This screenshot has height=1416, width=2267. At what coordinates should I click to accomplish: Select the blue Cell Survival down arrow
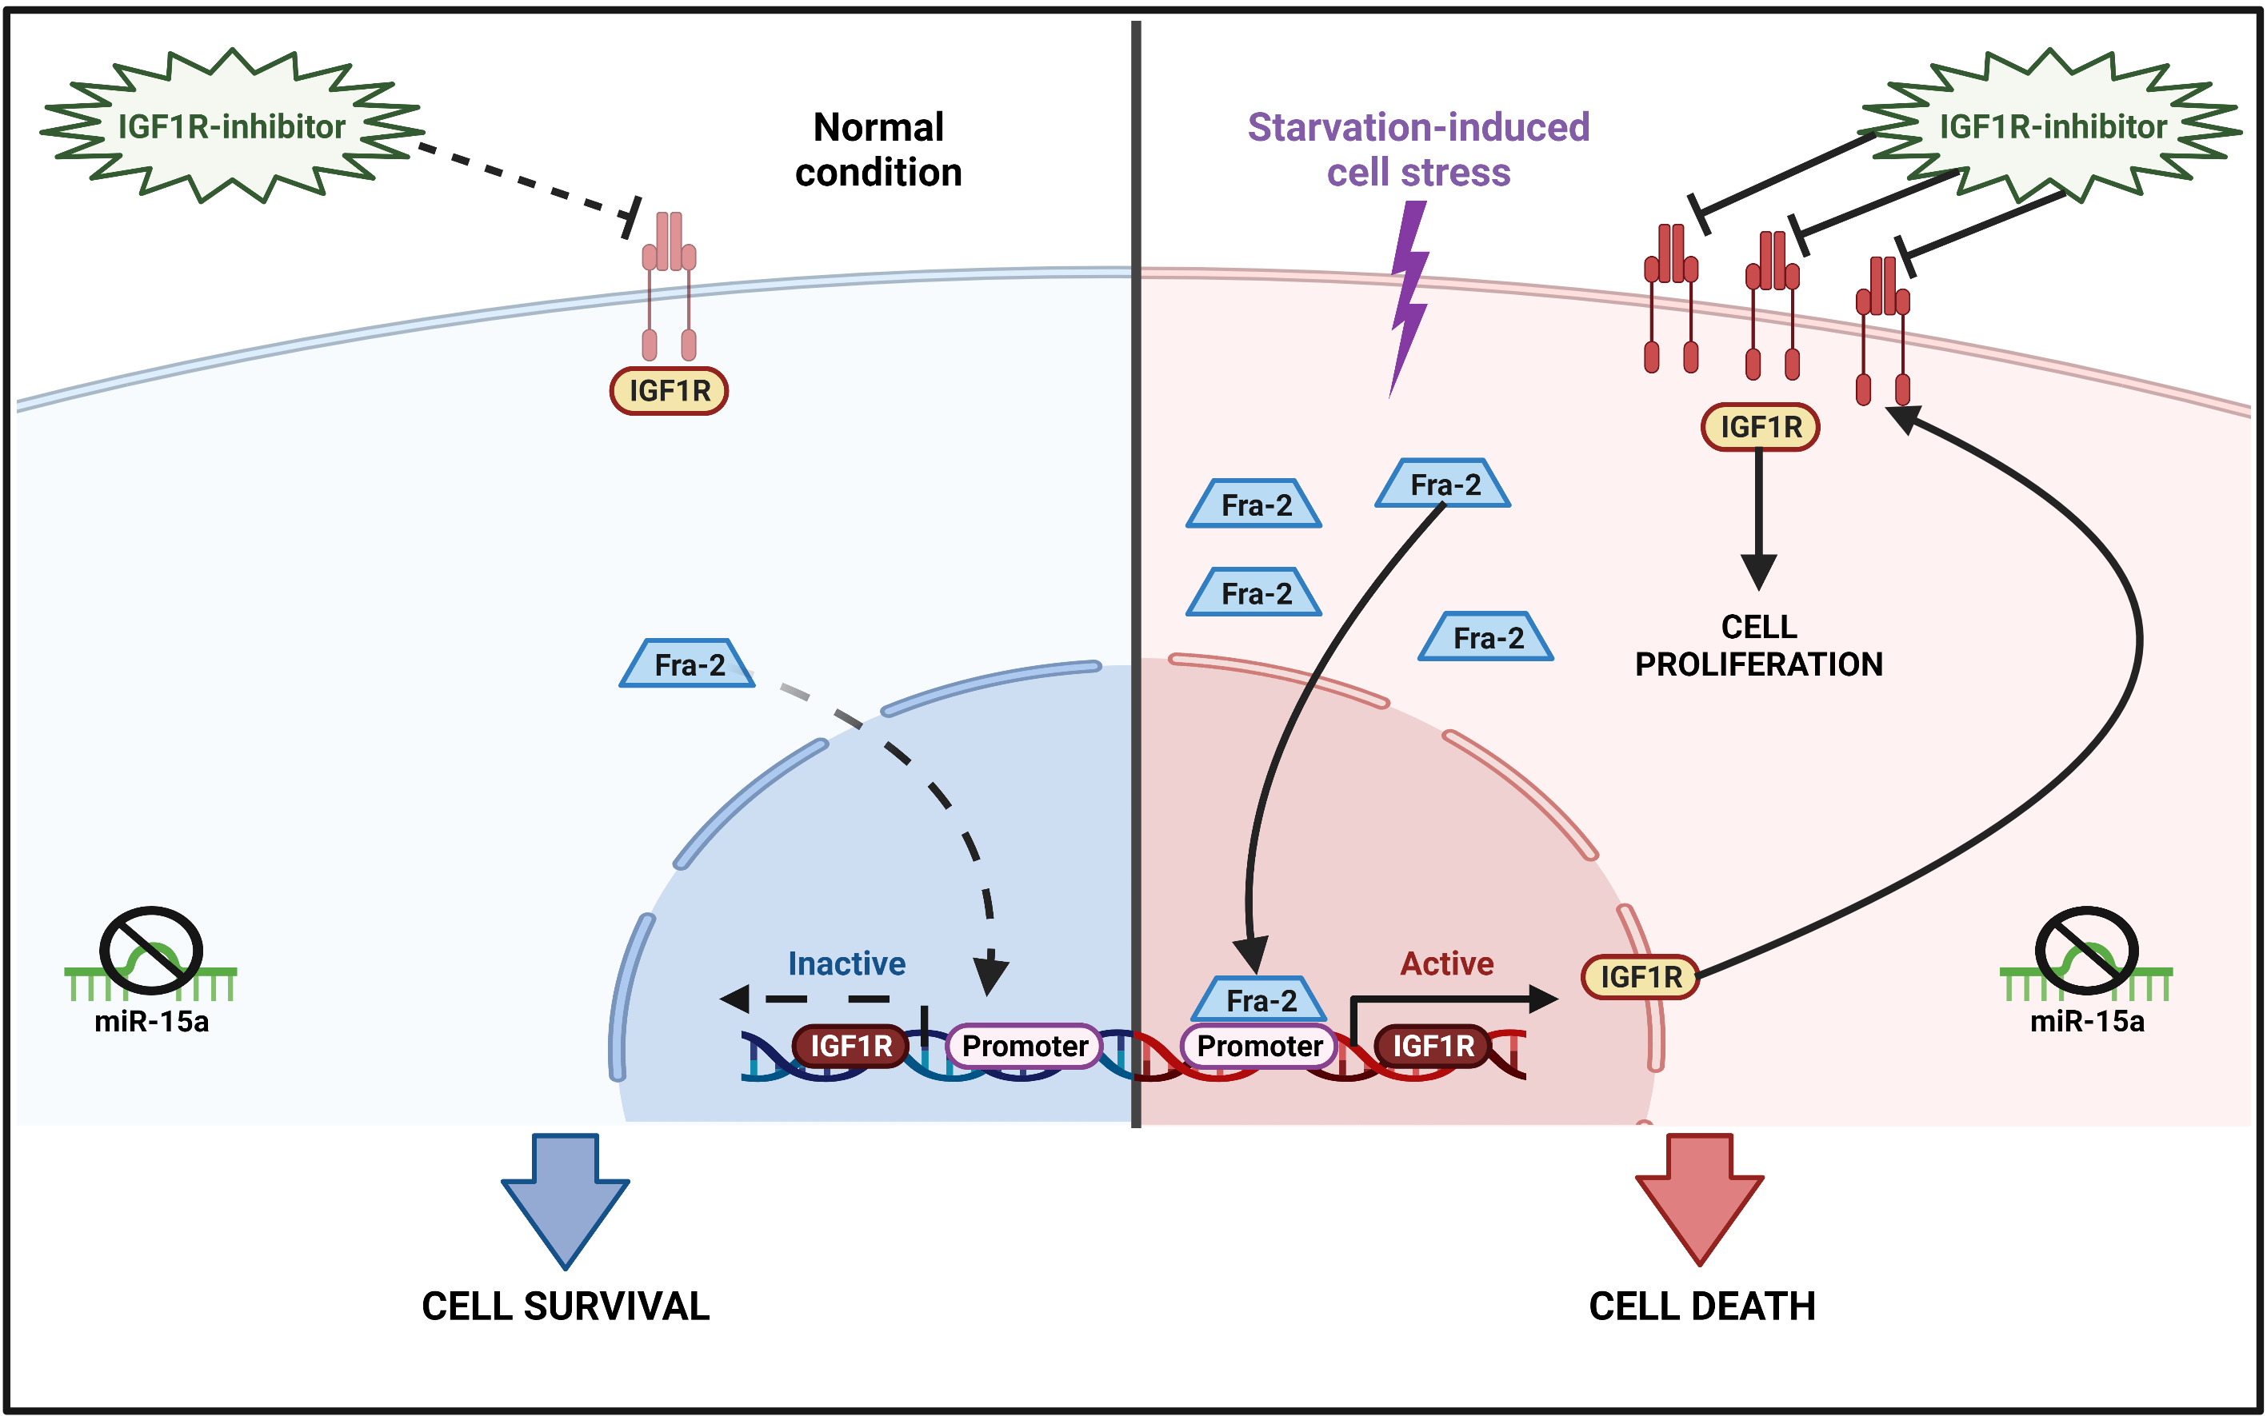565,1198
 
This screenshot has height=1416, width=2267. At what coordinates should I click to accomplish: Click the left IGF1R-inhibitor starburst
231,126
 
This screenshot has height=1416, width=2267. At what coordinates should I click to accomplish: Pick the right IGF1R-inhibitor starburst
2052,126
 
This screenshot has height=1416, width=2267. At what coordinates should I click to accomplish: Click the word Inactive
846,963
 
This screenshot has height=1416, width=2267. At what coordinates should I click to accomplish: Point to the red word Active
1446,963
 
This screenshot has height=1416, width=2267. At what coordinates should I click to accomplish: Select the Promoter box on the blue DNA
1024,1046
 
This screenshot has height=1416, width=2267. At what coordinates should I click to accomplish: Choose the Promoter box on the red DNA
1259,1046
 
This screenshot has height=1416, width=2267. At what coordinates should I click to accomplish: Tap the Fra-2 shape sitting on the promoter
1260,999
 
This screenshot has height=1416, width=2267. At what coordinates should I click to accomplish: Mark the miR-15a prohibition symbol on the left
151,951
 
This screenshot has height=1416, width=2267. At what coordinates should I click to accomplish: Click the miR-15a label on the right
2086,1021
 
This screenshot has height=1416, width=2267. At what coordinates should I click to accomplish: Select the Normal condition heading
878,150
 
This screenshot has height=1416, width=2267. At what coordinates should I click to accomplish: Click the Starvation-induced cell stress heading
1418,150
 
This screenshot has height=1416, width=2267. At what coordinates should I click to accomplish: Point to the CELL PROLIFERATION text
1758,645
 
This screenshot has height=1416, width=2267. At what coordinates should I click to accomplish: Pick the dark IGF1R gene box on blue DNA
850,1046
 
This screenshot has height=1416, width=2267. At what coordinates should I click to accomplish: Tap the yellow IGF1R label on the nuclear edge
1641,977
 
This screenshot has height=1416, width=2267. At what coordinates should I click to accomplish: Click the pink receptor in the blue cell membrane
669,281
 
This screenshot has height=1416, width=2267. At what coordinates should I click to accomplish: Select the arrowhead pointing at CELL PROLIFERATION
1758,571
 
